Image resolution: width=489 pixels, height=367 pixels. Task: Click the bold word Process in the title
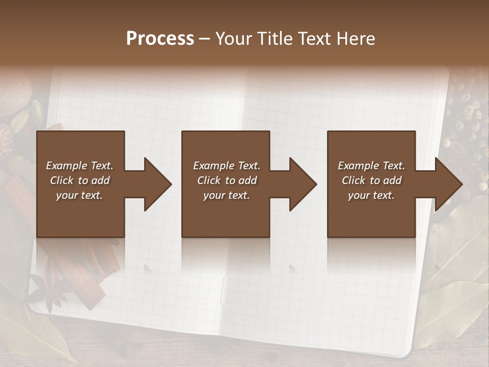pyautogui.click(x=160, y=39)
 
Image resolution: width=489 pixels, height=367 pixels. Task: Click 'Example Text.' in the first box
pyautogui.click(x=79, y=166)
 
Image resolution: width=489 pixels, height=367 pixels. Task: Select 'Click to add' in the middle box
pyautogui.click(x=227, y=180)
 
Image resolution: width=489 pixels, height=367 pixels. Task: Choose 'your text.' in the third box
pyautogui.click(x=371, y=195)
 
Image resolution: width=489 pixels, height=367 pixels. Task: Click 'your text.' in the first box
pyautogui.click(x=79, y=195)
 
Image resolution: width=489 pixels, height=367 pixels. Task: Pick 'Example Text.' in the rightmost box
pyautogui.click(x=371, y=166)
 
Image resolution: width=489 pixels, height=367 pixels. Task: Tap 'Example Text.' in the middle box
pyautogui.click(x=227, y=166)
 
